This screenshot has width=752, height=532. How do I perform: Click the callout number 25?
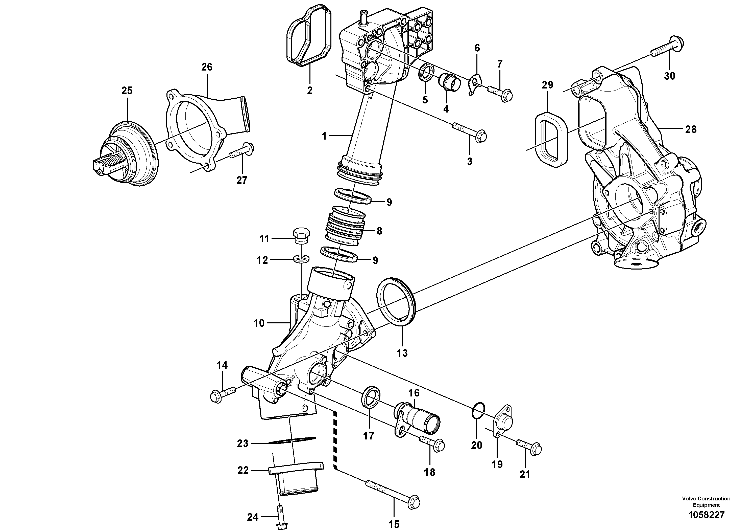click(127, 91)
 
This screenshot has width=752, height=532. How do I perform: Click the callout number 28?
click(691, 129)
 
